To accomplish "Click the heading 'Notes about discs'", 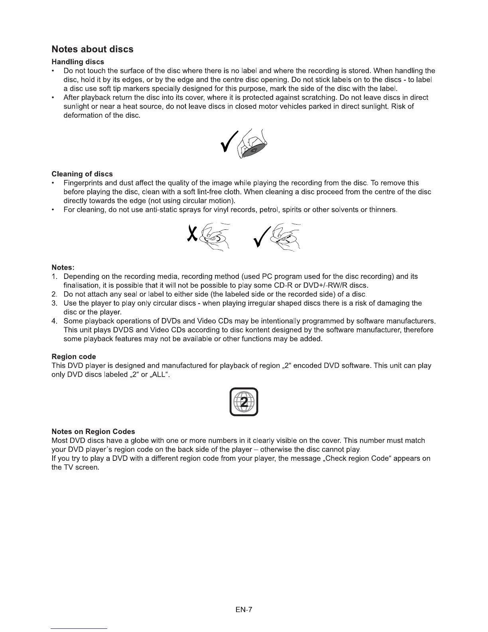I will tap(92, 49).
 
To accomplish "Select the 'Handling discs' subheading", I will tap(78, 62).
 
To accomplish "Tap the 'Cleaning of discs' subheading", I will tap(82, 174).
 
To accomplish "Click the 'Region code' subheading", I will tap(74, 357).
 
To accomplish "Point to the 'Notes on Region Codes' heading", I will tap(93, 432).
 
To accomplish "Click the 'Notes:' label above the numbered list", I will tap(63, 267).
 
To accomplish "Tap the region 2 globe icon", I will tap(244, 402).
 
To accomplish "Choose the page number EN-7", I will tap(244, 610).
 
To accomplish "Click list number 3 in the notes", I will tap(55, 303).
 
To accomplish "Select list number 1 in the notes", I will tap(55, 276).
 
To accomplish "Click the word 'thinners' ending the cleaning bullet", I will tap(382, 210).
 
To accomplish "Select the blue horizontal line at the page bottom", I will tap(79, 628).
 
